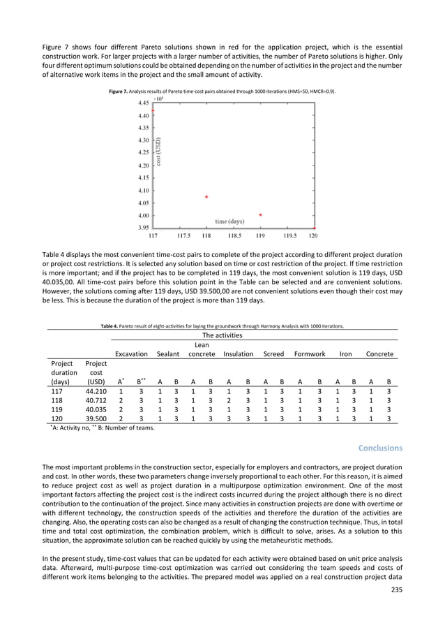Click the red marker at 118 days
tap(206, 197)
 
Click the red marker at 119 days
tap(260, 215)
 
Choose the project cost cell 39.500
tap(96, 418)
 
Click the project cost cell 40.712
tap(96, 402)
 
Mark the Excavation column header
tap(131, 354)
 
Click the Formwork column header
tap(310, 354)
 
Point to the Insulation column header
tap(238, 354)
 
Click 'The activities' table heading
tap(223, 335)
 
